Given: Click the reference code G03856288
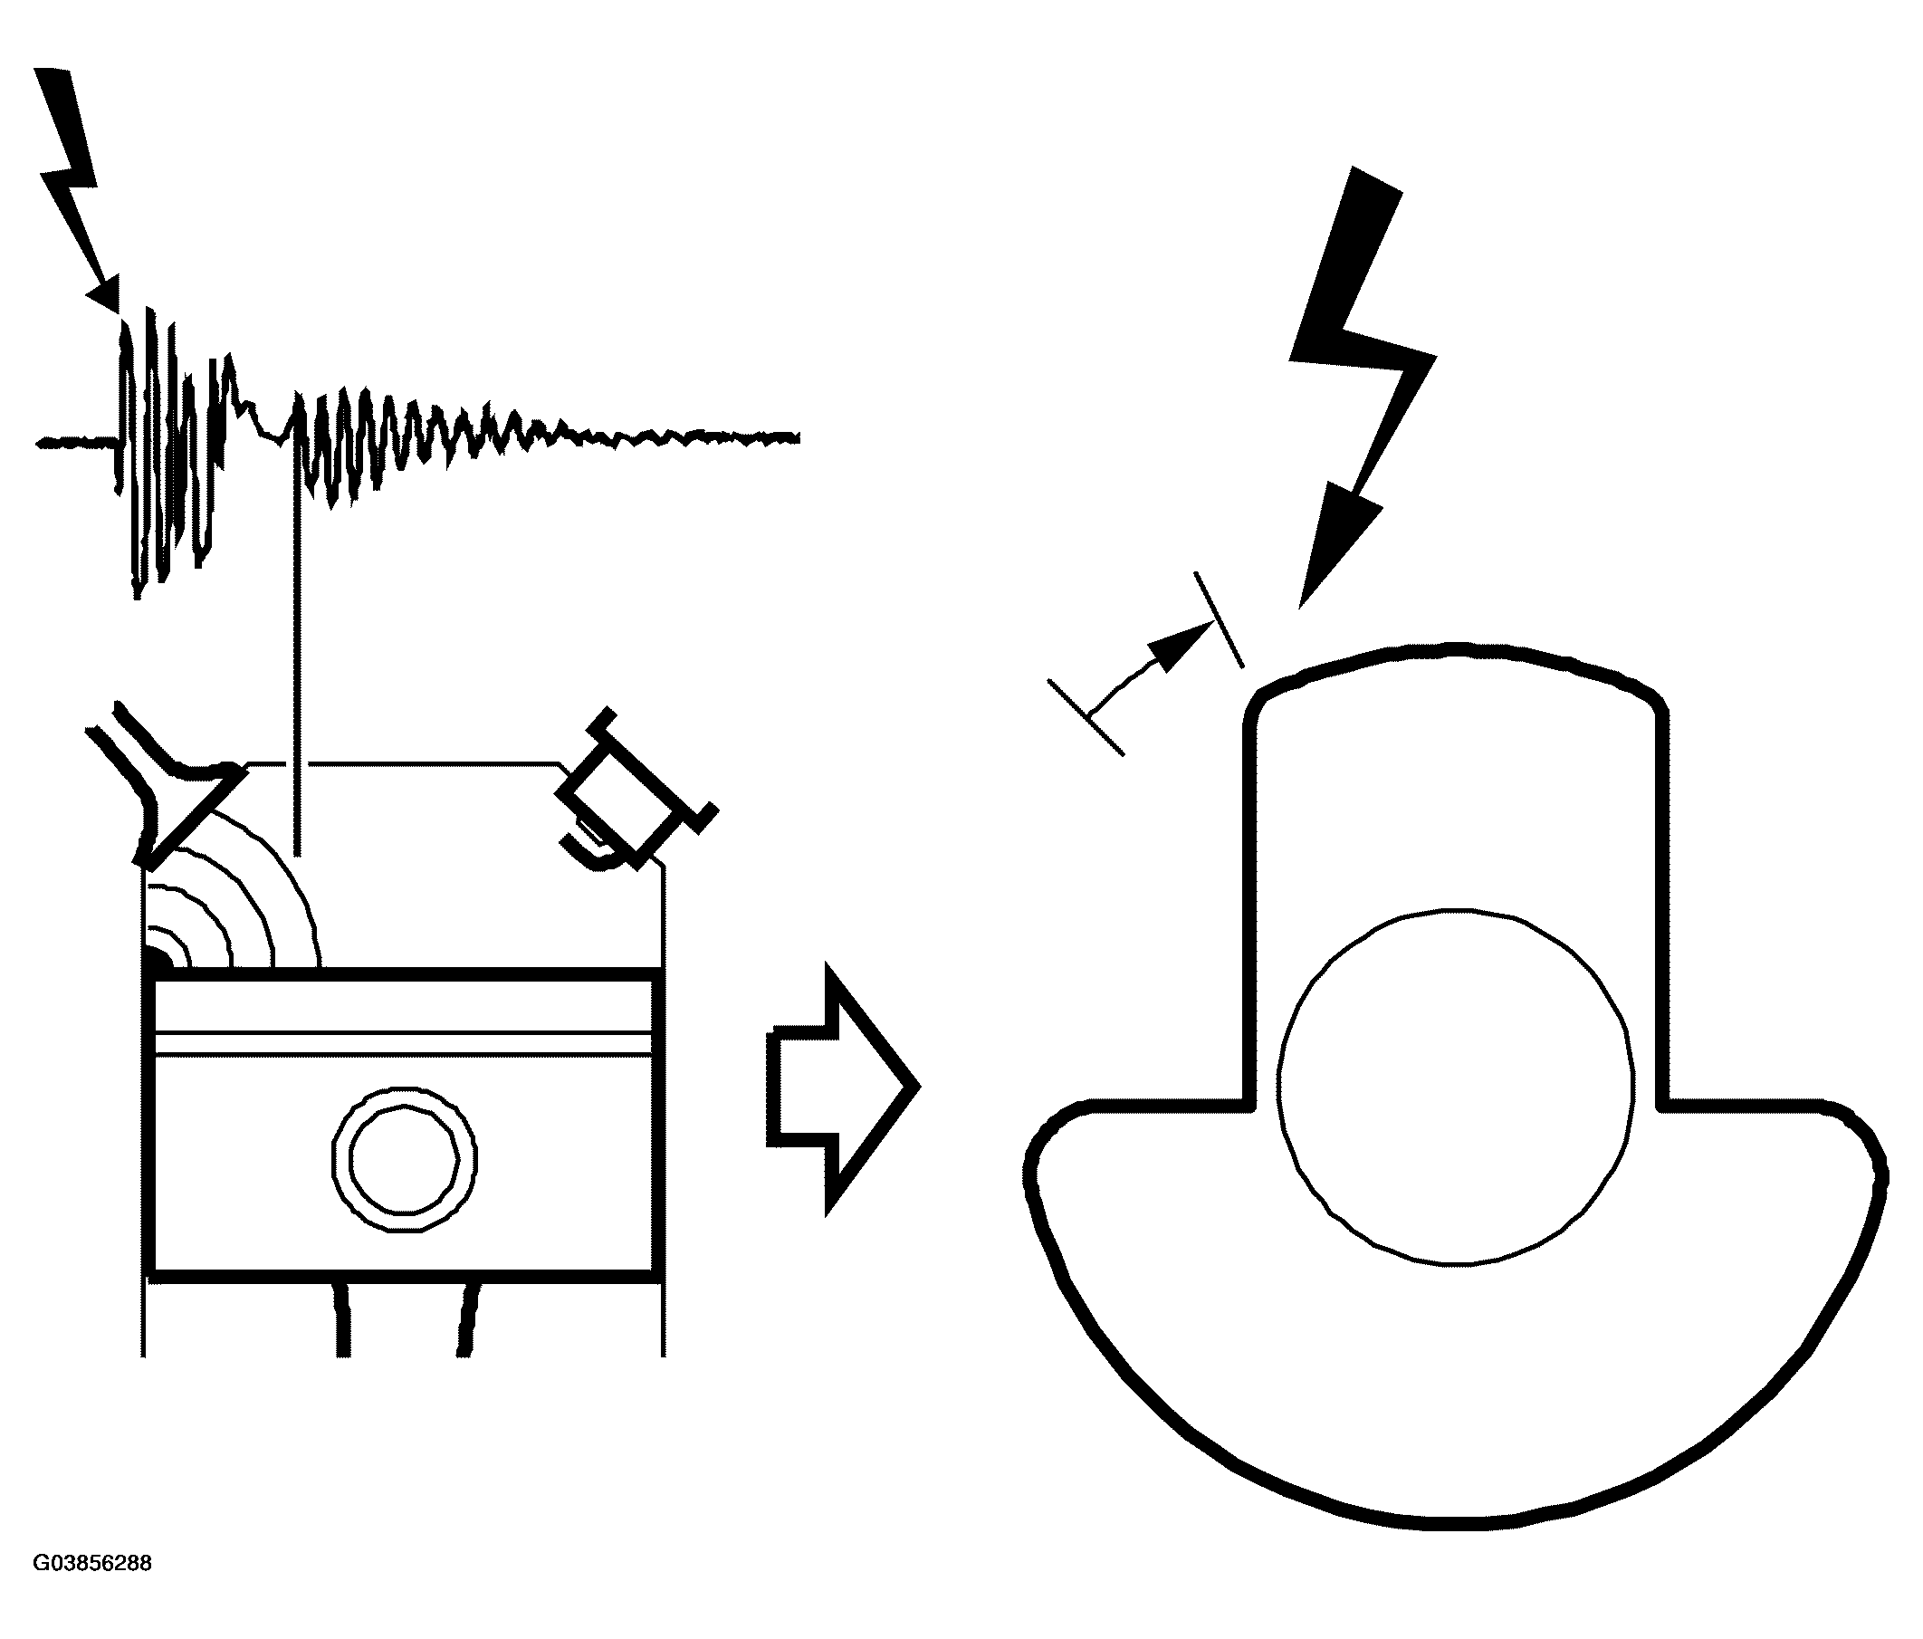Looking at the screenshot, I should pyautogui.click(x=91, y=1563).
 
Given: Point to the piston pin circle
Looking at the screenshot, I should pyautogui.click(x=405, y=1160).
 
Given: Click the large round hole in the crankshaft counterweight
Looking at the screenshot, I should pyautogui.click(x=1456, y=1086).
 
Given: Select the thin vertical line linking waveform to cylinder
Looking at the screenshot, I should pyautogui.click(x=297, y=649).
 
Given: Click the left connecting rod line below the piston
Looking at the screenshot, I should pyautogui.click(x=342, y=1318).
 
